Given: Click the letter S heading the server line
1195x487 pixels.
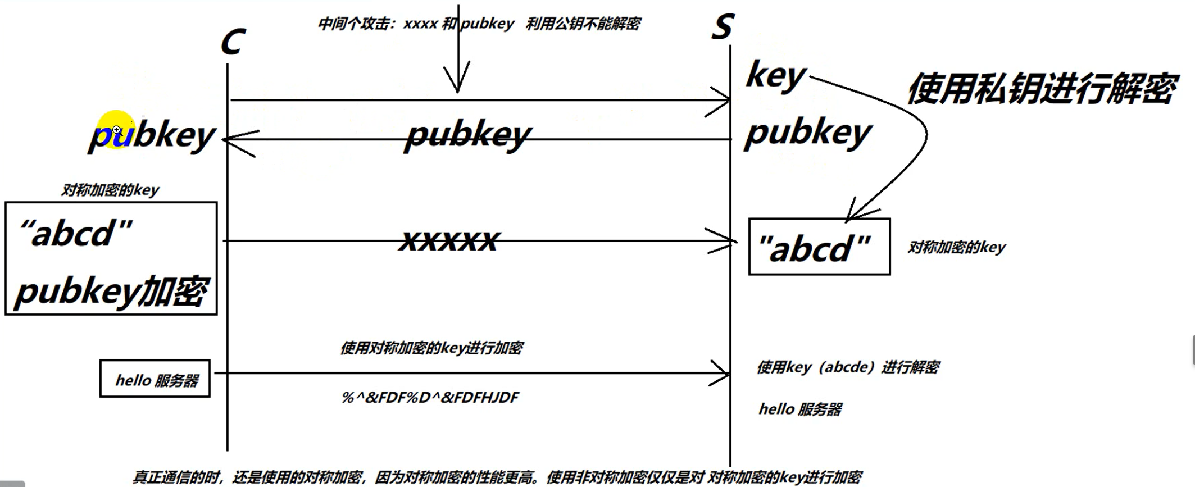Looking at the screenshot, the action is point(723,26).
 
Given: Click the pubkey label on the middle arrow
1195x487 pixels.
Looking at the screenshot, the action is point(467,135).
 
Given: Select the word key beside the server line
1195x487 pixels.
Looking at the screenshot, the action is point(776,76).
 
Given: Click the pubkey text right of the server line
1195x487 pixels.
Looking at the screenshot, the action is point(808,134).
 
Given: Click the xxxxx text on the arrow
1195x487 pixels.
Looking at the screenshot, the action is point(448,240).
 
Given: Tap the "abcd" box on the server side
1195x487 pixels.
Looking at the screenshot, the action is point(819,247).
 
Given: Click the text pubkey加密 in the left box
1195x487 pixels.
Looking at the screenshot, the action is point(111,292).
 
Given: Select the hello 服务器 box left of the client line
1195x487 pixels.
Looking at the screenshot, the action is point(155,379).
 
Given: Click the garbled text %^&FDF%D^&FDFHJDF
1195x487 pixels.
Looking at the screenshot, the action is point(430,398).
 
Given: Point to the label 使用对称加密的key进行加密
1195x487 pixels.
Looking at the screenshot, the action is point(431,348).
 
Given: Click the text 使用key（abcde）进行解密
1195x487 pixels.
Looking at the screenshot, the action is point(848,367).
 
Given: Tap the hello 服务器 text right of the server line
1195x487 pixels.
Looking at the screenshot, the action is point(800,409).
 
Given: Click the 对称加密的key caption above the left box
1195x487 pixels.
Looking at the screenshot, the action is point(110,190).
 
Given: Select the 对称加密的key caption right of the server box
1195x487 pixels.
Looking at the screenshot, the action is point(956,247).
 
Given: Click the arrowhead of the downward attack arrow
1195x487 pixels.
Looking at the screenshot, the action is point(458,84).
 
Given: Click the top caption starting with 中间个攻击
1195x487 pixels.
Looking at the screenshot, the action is point(479,24).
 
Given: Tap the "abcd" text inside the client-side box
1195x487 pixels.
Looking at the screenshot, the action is point(76,234).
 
